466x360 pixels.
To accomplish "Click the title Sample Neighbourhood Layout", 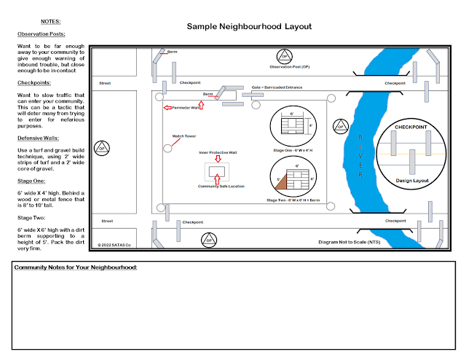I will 249,26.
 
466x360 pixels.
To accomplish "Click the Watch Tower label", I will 184,136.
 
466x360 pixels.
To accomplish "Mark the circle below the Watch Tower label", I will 168,148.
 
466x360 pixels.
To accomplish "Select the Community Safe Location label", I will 221,187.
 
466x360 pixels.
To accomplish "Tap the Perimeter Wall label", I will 187,108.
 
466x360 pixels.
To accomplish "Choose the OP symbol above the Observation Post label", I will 284,55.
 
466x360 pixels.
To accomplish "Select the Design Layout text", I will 413,180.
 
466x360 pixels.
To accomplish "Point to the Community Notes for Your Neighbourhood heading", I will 76,267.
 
